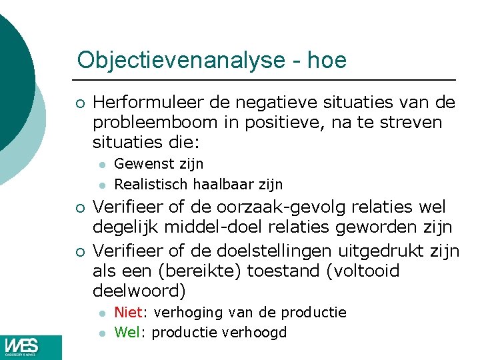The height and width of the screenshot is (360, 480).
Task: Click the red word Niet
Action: tap(126, 312)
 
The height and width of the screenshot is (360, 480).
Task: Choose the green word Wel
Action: tap(127, 332)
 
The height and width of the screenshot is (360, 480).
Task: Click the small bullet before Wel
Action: tap(101, 333)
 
